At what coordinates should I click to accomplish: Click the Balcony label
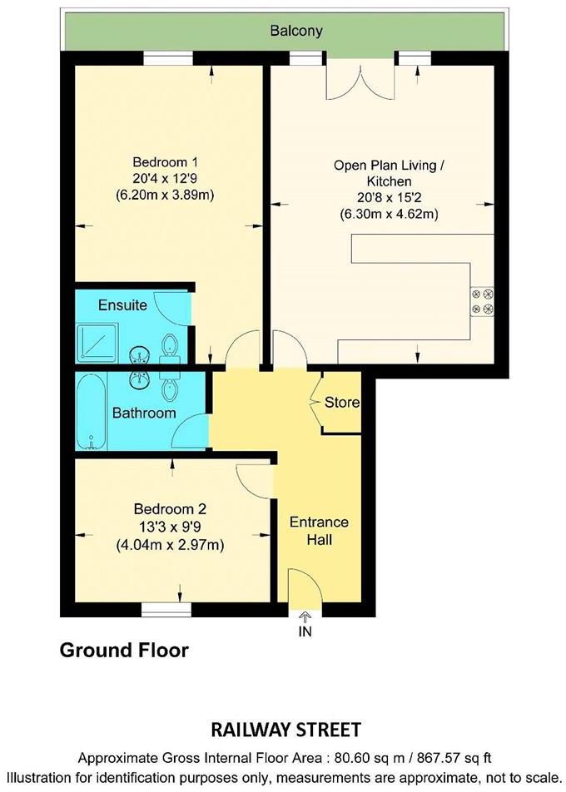(x=295, y=32)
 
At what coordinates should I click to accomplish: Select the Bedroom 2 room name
(x=170, y=509)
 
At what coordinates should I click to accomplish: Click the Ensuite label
(x=122, y=305)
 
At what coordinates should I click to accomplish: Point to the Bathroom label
(x=144, y=413)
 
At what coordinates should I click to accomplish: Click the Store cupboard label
(x=341, y=403)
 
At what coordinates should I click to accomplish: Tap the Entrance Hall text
(x=318, y=531)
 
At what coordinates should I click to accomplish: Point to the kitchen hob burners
(x=482, y=301)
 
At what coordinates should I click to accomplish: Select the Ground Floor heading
(x=124, y=650)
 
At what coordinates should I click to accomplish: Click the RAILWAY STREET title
(x=284, y=730)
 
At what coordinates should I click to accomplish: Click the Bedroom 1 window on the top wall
(x=167, y=57)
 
